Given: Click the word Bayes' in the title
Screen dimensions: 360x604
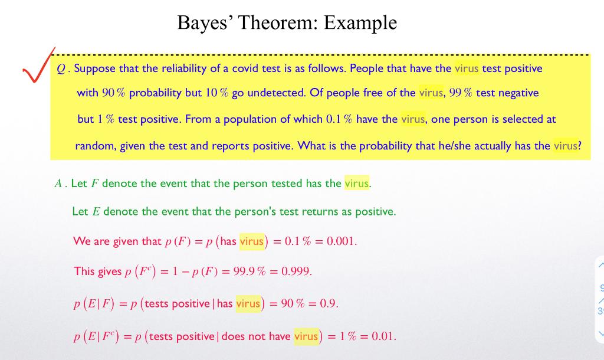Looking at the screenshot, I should tap(206, 22).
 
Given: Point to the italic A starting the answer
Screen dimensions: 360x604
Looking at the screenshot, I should tap(58, 184).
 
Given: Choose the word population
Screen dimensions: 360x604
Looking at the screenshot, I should tap(255, 119).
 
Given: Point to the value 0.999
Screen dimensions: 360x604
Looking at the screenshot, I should tap(296, 271).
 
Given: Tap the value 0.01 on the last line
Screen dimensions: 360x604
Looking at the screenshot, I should tap(383, 337).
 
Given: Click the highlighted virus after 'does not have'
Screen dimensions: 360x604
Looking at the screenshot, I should tap(306, 336).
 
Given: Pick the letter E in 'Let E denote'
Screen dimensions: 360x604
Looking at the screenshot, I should tap(96, 211).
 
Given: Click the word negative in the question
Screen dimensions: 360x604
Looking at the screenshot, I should tap(517, 93).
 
